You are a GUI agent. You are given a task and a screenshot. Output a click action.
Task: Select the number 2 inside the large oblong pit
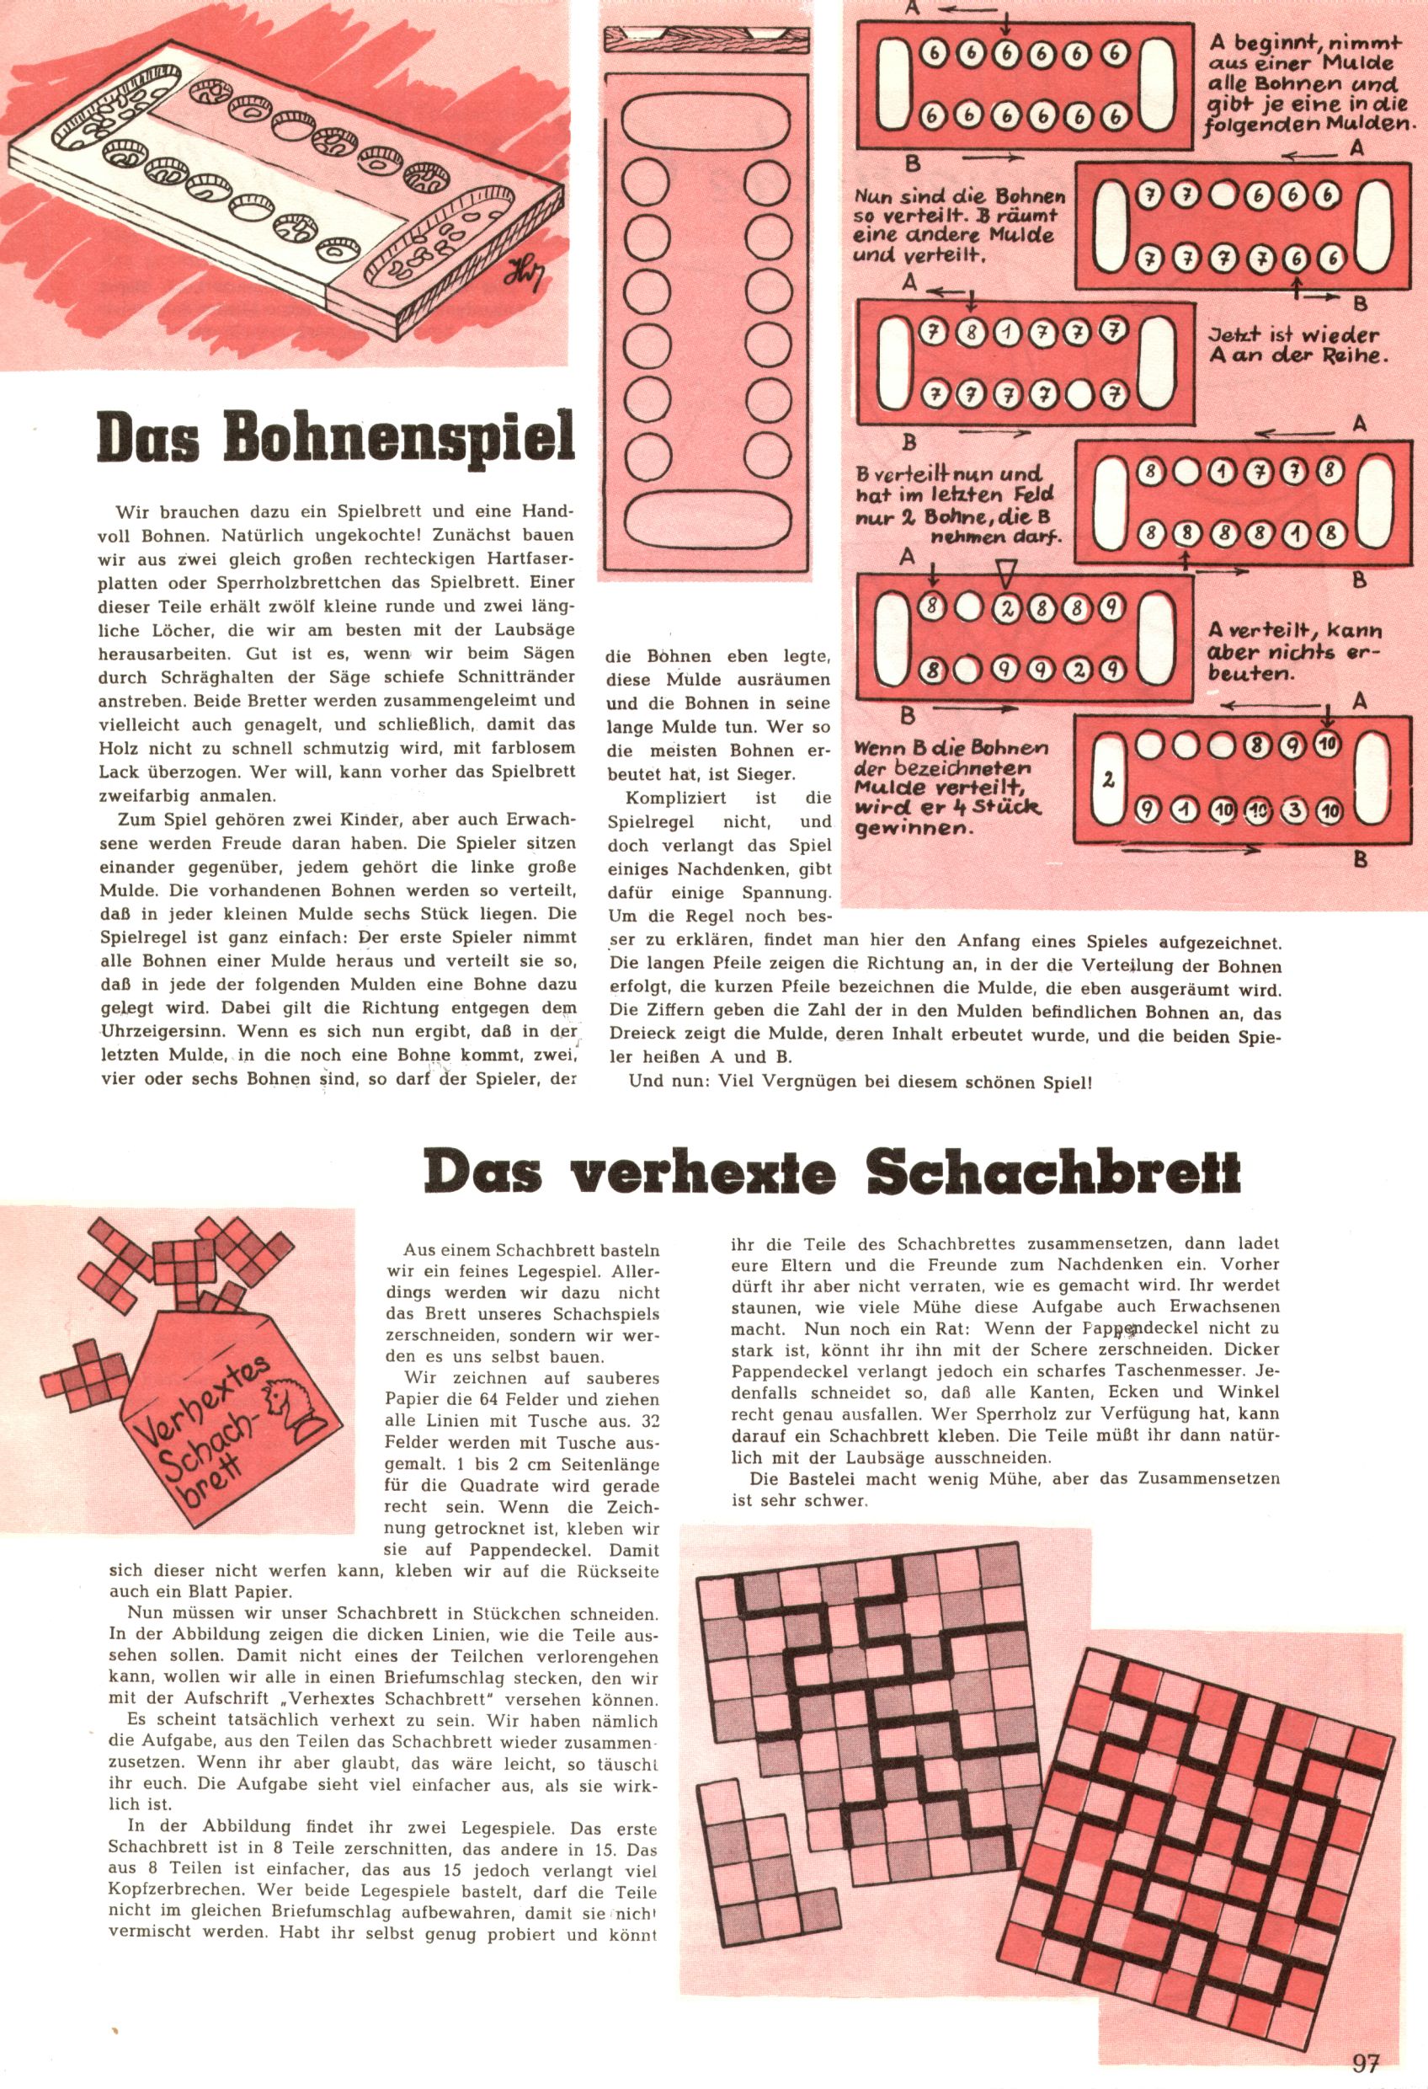[1108, 779]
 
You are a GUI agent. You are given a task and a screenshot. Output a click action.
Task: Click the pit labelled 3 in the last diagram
[1295, 812]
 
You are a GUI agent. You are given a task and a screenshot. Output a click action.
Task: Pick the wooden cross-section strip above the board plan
[706, 39]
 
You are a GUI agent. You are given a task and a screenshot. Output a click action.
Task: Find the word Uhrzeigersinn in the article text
[160, 1031]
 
